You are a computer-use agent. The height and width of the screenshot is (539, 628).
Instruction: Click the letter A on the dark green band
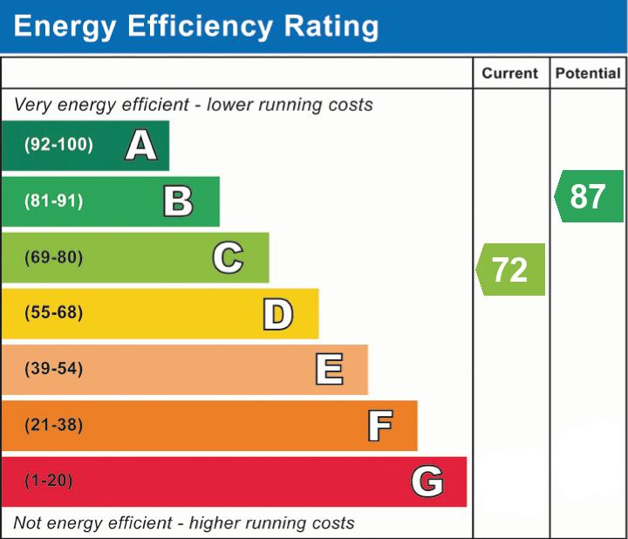[x=141, y=145]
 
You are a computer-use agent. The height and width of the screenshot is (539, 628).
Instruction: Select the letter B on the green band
[x=178, y=201]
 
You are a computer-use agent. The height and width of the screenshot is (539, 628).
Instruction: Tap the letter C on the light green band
[x=228, y=257]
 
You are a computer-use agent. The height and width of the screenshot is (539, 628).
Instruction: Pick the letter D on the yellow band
[x=277, y=314]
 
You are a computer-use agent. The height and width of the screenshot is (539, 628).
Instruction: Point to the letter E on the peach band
[x=328, y=369]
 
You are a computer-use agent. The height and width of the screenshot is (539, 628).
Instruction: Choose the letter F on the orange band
[x=379, y=426]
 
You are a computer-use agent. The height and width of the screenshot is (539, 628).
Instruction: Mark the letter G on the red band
[x=427, y=481]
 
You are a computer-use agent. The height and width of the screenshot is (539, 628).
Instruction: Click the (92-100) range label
[x=58, y=145]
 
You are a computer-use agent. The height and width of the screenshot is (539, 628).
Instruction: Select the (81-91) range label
[x=54, y=201]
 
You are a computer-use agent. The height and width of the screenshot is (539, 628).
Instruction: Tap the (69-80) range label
[x=54, y=257]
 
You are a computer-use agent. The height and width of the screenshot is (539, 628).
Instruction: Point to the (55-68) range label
[x=54, y=313]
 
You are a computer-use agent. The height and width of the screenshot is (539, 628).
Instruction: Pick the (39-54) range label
[x=54, y=369]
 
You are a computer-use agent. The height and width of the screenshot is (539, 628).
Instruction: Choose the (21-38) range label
[x=54, y=426]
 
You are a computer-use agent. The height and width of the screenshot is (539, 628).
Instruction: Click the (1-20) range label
[x=49, y=481]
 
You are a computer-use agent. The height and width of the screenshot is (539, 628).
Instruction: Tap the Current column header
[x=510, y=74]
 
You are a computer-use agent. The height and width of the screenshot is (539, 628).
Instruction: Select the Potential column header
[x=588, y=74]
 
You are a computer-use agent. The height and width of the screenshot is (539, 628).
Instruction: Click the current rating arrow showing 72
[x=511, y=269]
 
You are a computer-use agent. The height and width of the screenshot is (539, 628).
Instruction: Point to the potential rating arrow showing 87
[x=589, y=196]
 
